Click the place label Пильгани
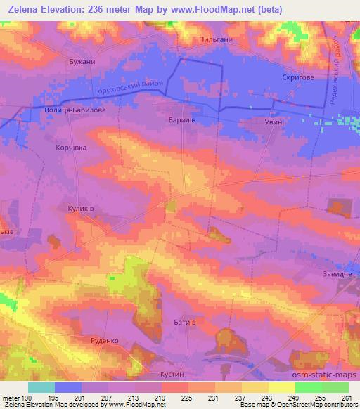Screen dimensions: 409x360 [215, 40]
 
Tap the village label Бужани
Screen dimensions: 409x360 [81, 62]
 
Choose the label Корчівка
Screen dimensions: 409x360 [70, 148]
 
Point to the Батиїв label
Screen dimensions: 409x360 [184, 320]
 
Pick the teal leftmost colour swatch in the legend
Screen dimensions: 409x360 [41, 387]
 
